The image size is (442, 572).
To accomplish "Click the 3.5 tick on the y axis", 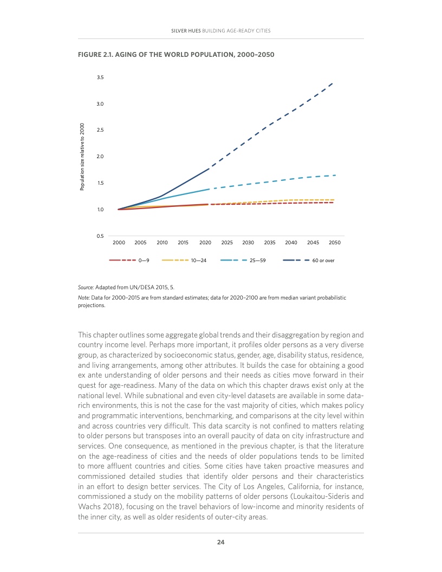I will pyautogui.click(x=100, y=77).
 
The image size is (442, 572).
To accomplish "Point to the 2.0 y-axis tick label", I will pyautogui.click(x=100, y=157).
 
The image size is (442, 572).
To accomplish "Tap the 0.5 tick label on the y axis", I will pyautogui.click(x=100, y=236).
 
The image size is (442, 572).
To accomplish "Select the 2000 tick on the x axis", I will pyautogui.click(x=119, y=243).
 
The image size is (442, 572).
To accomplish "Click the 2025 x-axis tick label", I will pyautogui.click(x=227, y=243).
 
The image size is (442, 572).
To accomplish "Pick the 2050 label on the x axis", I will pyautogui.click(x=334, y=243).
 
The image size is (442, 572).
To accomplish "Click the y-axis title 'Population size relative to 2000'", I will pyautogui.click(x=82, y=157).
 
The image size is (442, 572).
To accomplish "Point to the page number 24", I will pyautogui.click(x=221, y=542).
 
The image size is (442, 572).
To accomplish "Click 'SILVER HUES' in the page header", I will pyautogui.click(x=186, y=30).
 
